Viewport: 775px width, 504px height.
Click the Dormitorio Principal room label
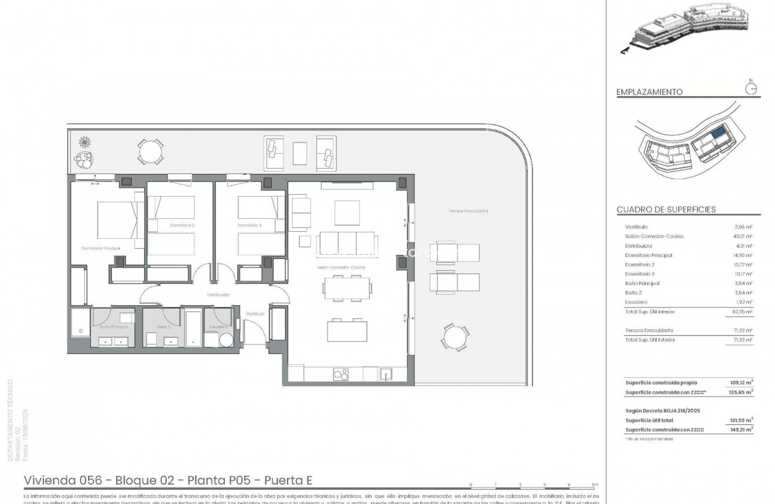pos(100,249)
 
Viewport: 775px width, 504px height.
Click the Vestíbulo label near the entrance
pos(255,314)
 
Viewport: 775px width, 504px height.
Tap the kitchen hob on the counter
pos(341,373)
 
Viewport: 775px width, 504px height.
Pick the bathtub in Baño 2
pos(193,327)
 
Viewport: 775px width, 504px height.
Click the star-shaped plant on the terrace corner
pos(86,142)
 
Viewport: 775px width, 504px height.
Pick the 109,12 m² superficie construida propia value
pos(741,383)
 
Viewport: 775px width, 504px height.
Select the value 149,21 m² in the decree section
pos(741,429)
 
